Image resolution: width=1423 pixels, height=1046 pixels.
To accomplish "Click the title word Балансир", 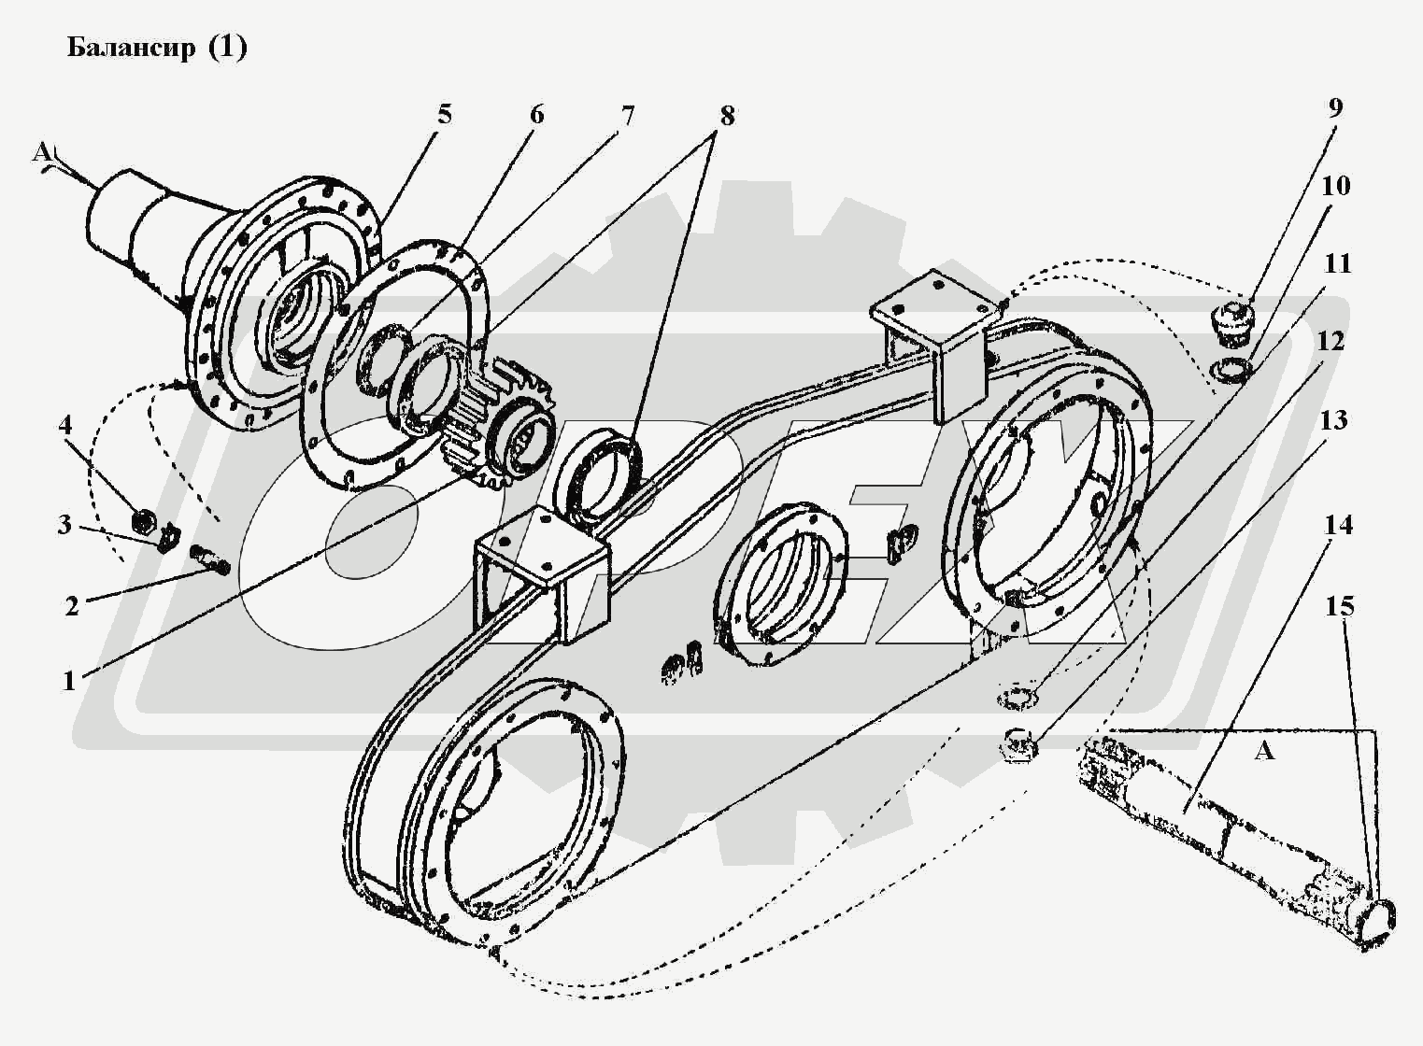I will coord(132,48).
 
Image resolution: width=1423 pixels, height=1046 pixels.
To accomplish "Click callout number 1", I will coord(68,681).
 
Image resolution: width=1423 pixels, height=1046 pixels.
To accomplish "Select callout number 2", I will coord(72,605).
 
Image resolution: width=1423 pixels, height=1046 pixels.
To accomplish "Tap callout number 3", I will coord(64,525).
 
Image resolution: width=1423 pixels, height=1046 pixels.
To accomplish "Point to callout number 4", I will coord(64,425).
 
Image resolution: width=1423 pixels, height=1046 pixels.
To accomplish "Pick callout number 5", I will coord(444,115).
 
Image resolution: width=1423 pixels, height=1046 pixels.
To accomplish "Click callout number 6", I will coord(535,115).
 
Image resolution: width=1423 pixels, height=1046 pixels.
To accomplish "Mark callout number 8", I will coord(726,116).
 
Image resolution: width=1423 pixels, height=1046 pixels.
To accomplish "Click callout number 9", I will coord(1334,107).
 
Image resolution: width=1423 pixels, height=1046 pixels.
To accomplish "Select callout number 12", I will coord(1331,341).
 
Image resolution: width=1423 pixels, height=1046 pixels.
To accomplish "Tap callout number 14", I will coord(1338,525).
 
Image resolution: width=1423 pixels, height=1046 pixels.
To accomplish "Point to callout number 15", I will coord(1339,606).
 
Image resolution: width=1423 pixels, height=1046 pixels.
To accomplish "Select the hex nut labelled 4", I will coord(144,517).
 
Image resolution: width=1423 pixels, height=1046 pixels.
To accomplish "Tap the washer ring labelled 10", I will coord(1231,371).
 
